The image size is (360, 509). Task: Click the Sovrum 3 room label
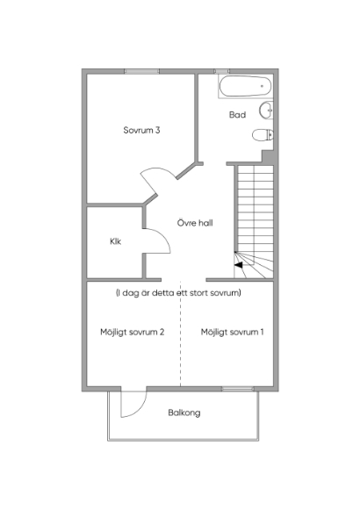(141, 130)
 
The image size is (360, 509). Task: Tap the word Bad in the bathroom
(237, 115)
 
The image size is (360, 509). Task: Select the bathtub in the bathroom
(245, 86)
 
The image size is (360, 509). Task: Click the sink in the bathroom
(266, 111)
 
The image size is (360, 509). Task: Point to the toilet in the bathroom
(263, 135)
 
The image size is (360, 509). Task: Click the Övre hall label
(195, 223)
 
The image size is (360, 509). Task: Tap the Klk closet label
(116, 241)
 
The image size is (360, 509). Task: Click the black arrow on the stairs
(239, 265)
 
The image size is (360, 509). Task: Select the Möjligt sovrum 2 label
(133, 332)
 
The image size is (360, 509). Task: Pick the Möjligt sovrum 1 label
(232, 332)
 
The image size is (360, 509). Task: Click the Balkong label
(184, 412)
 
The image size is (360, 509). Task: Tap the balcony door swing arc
(140, 408)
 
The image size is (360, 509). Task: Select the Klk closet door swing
(162, 236)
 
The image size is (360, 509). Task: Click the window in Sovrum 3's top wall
(141, 71)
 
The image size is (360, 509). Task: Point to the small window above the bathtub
(221, 71)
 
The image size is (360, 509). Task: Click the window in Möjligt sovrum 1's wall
(238, 388)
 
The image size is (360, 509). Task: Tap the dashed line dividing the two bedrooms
(180, 333)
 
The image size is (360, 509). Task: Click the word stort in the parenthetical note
(198, 293)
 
